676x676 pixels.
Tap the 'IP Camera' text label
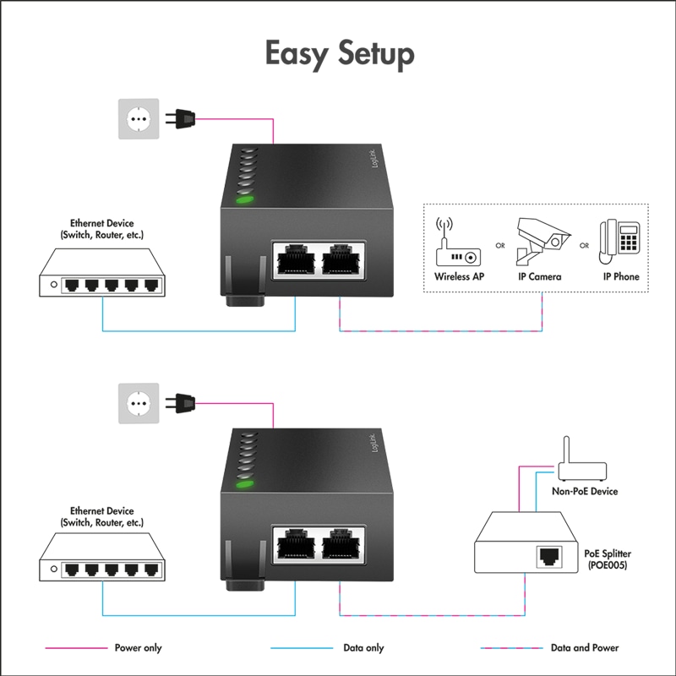539,276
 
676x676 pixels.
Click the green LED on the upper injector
244,200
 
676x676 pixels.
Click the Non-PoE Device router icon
582,466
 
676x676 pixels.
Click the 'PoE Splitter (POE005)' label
608,559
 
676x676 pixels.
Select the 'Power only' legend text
138,648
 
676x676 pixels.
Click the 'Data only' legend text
363,648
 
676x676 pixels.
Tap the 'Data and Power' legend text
584,648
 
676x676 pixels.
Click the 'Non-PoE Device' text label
584,491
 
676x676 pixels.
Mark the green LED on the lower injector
244,484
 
